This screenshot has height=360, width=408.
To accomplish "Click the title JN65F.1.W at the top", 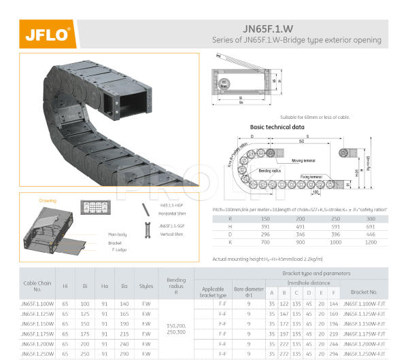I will (270, 29).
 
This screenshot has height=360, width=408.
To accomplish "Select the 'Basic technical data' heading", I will (277, 127).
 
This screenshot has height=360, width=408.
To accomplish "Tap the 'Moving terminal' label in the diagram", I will (307, 160).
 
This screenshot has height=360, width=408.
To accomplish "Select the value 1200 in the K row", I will (371, 242).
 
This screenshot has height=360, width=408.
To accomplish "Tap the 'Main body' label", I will (117, 234).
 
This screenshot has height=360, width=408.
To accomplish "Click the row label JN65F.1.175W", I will (37, 334).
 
